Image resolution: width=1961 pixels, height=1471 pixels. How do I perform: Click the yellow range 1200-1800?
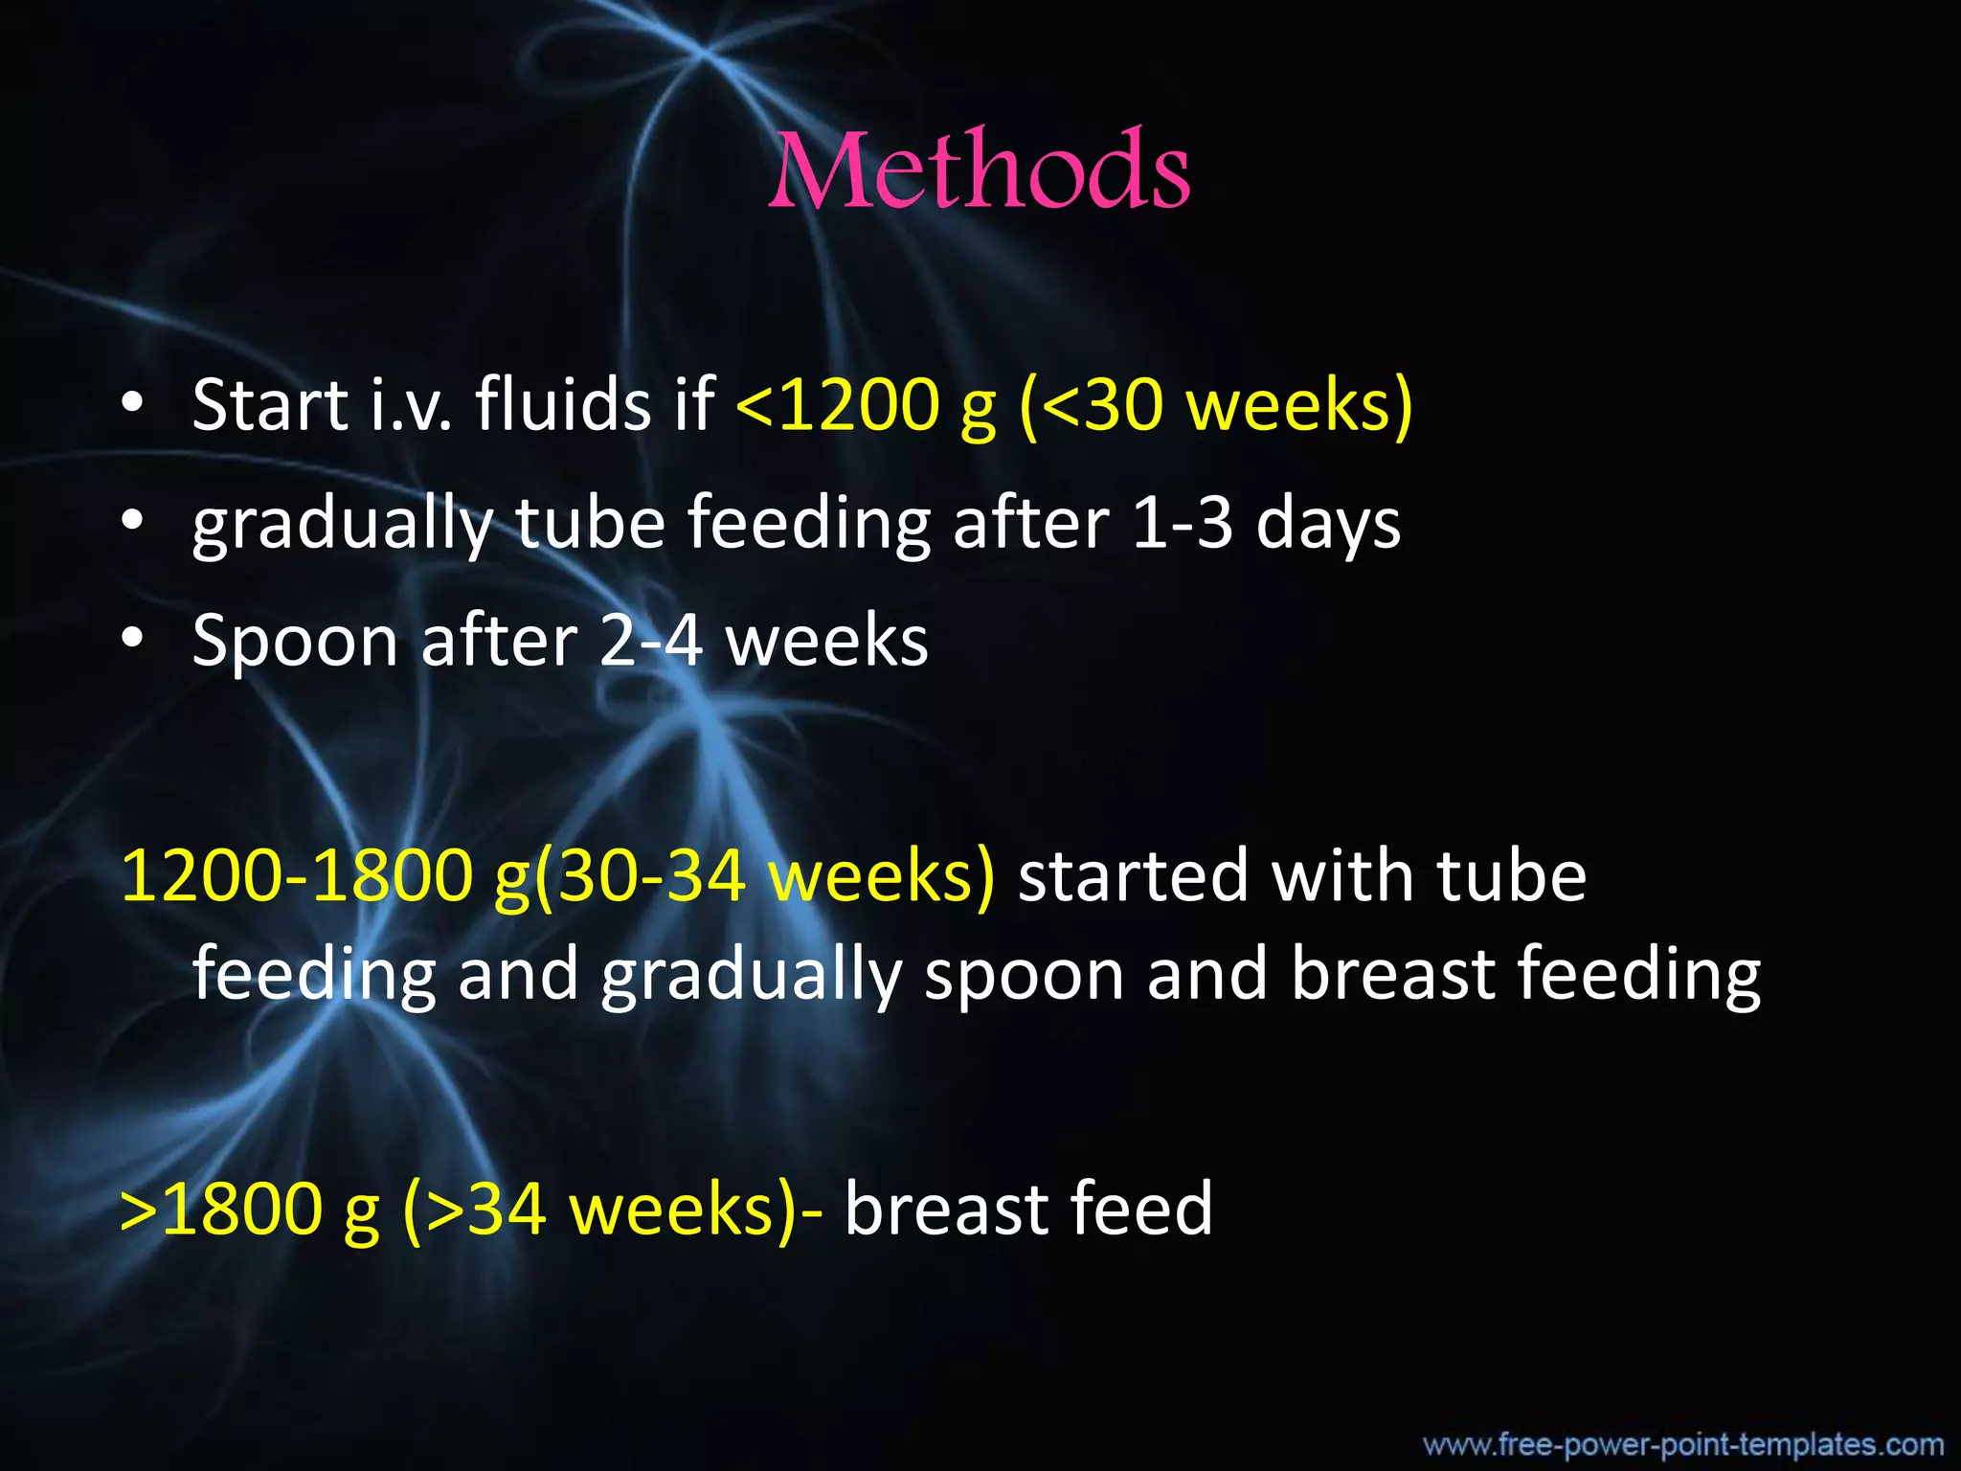(x=297, y=875)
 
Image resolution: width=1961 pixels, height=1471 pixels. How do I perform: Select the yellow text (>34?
(x=475, y=1209)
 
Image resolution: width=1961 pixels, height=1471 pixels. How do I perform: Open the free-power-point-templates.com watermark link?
(x=1682, y=1444)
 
